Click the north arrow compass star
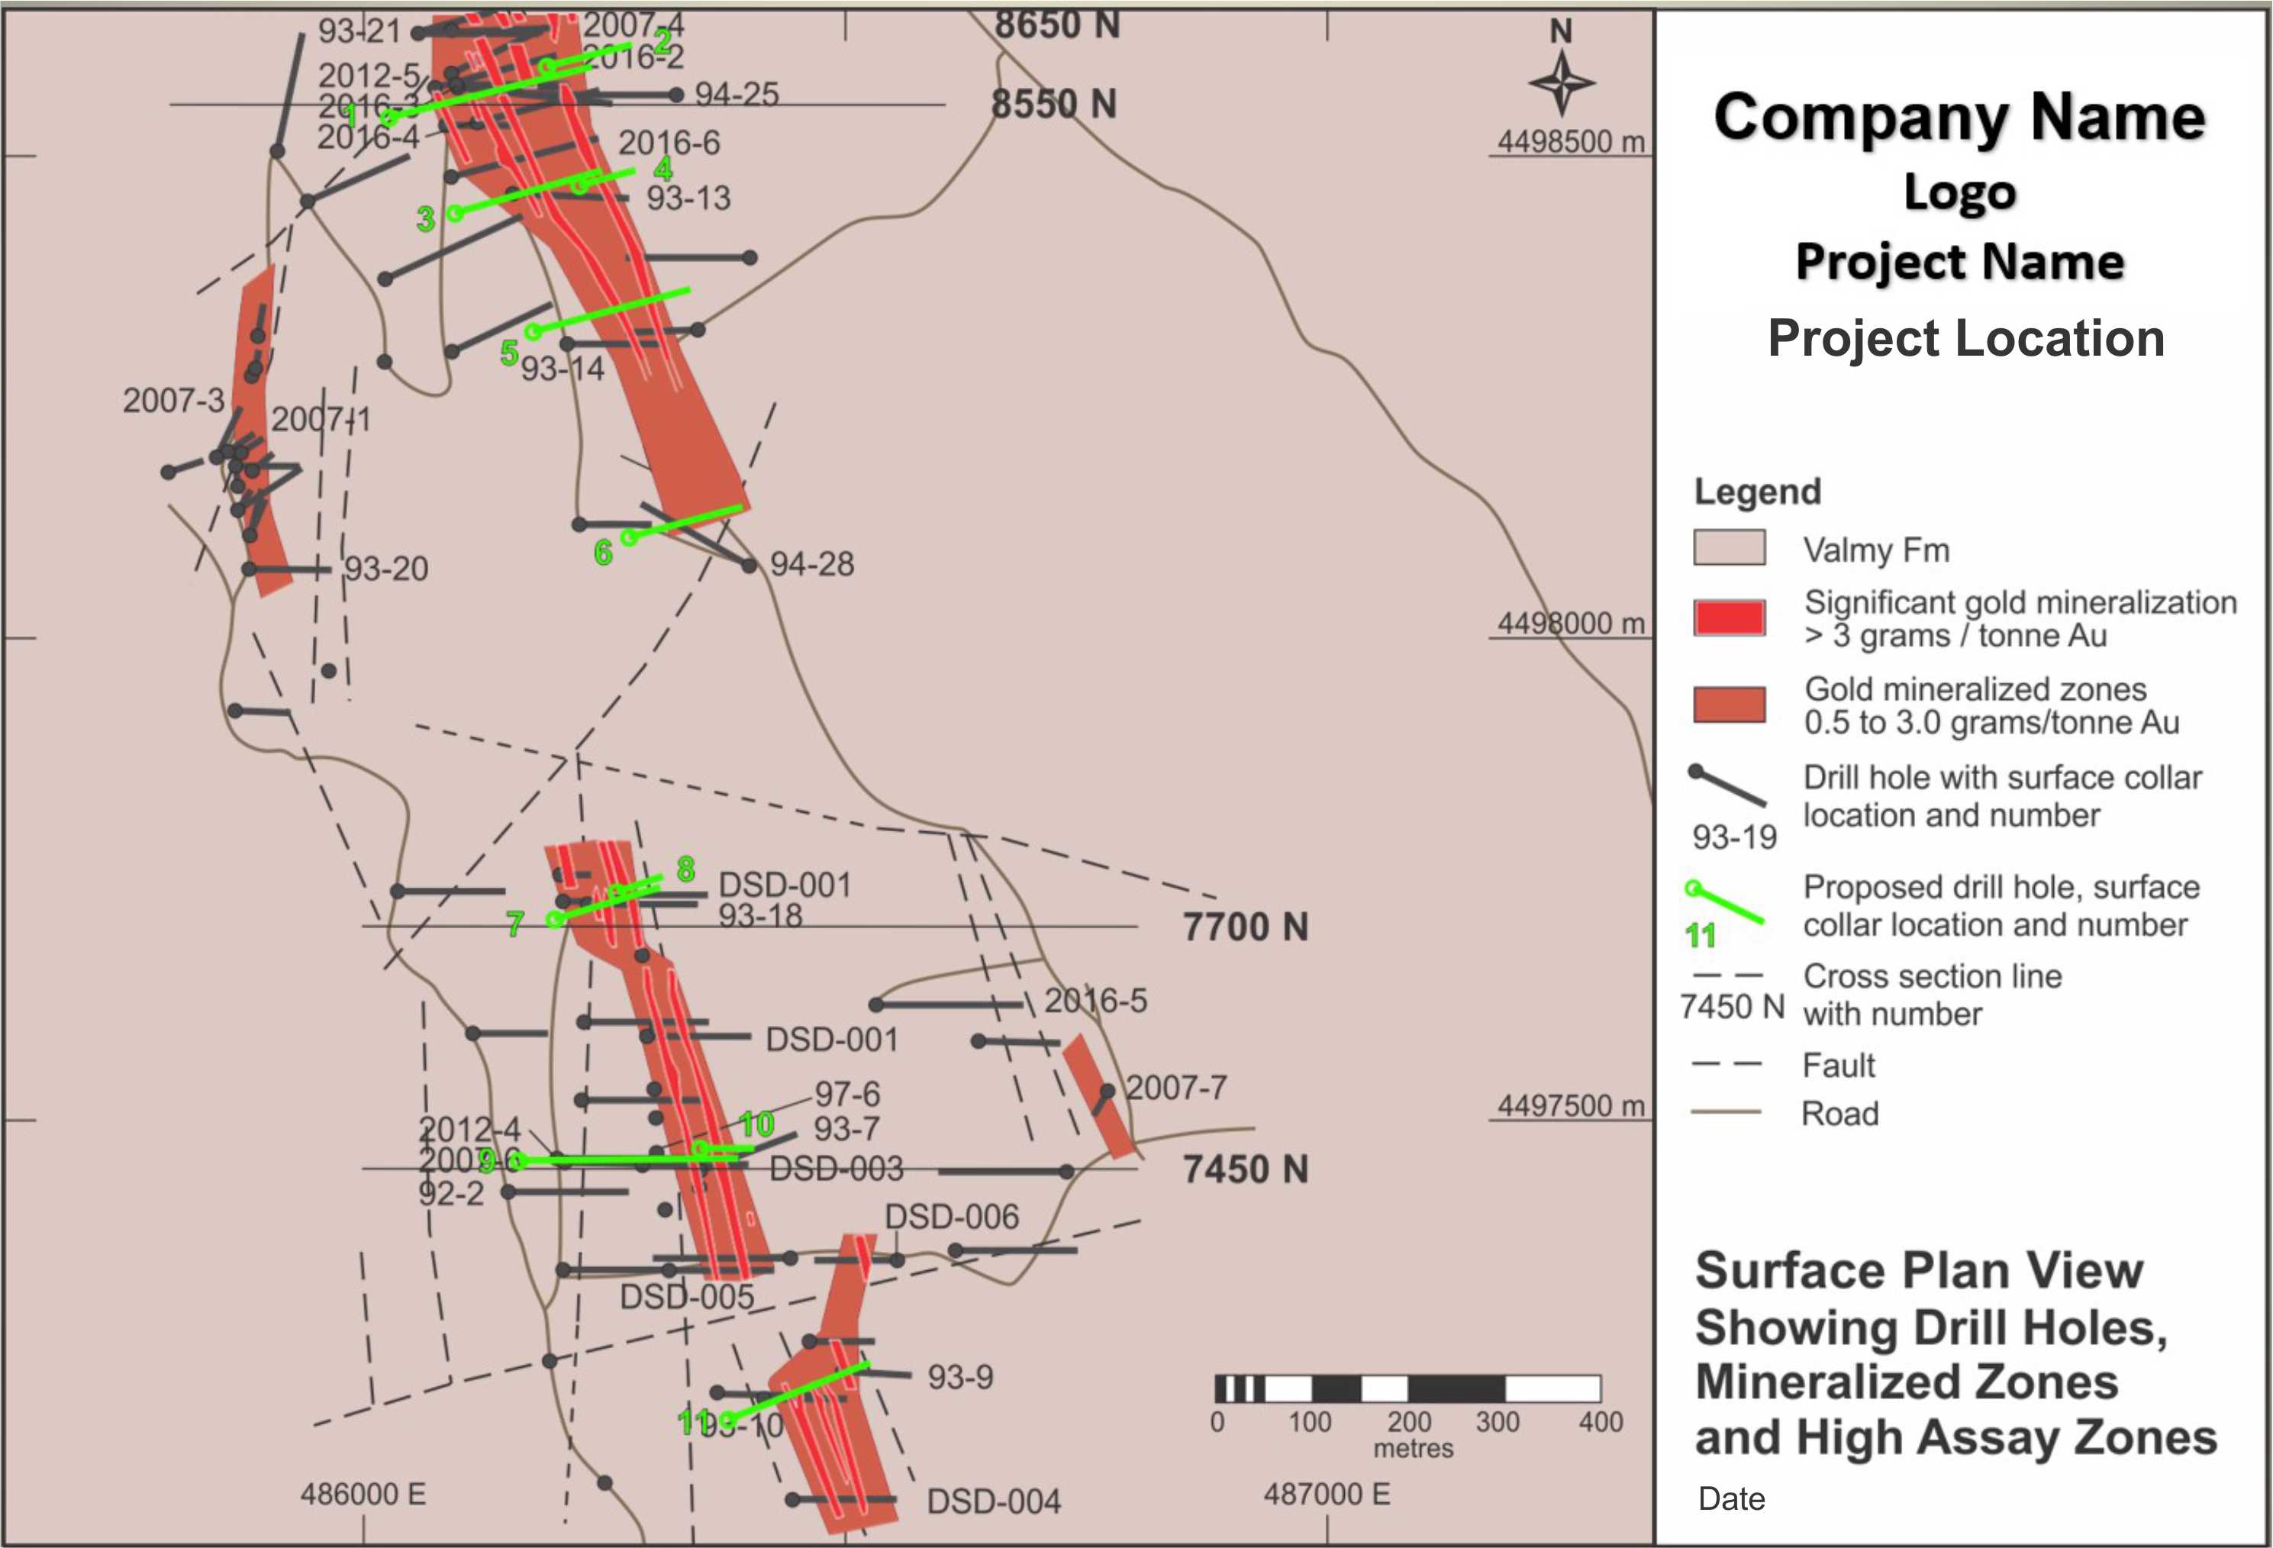[x=1561, y=83]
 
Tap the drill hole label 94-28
[x=812, y=564]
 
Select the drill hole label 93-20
[x=386, y=568]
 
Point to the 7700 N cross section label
[x=1245, y=927]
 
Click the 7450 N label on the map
[x=1245, y=1169]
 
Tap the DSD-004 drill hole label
[x=993, y=1501]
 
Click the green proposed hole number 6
[x=604, y=553]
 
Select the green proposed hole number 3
[x=425, y=219]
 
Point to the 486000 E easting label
[x=363, y=1495]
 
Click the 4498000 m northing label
[x=1571, y=623]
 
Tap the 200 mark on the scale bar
[x=1408, y=1422]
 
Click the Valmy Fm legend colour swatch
[x=1730, y=547]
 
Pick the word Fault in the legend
[x=1839, y=1065]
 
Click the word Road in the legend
[x=1839, y=1114]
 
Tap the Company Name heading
[x=1959, y=118]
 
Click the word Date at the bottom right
[x=1731, y=1499]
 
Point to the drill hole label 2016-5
[x=1095, y=1001]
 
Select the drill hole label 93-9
[x=959, y=1377]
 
